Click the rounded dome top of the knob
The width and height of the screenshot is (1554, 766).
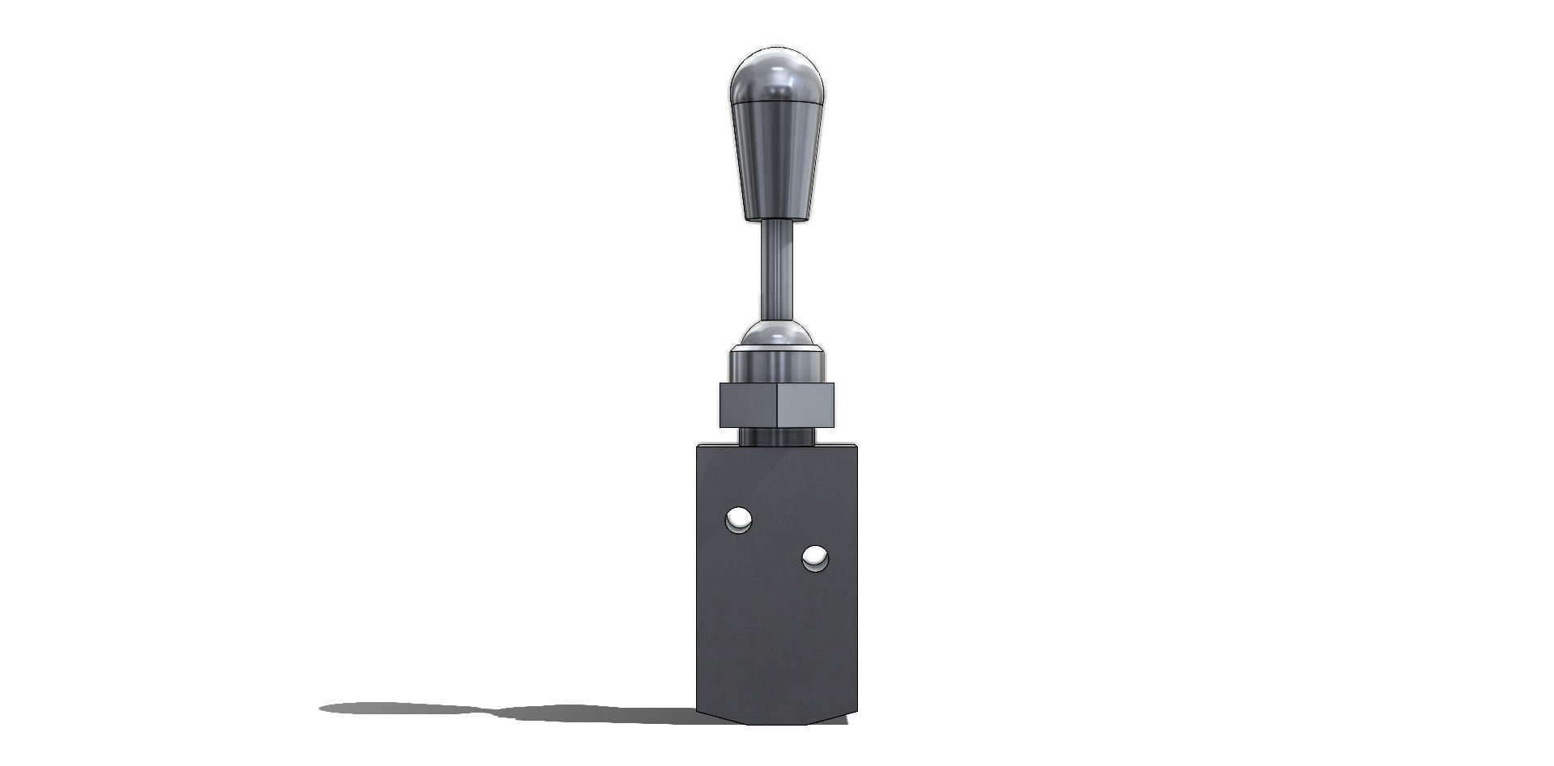click(775, 74)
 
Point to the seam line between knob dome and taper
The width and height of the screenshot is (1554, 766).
click(775, 106)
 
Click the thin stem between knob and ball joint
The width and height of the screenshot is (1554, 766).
click(775, 271)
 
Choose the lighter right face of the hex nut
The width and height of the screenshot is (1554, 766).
click(805, 404)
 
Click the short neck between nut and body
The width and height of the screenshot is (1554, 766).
click(775, 437)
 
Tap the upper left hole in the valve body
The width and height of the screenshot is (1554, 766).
click(739, 519)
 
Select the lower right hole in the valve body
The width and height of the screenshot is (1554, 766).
click(814, 557)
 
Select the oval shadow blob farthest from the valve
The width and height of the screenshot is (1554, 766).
click(397, 709)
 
